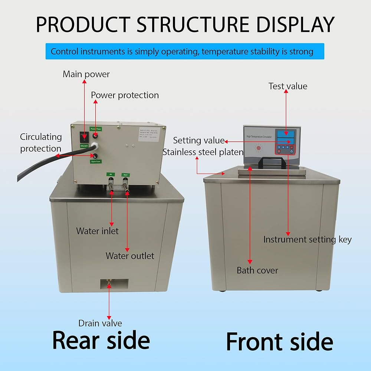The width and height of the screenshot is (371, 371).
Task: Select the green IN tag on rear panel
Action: pyautogui.click(x=110, y=174)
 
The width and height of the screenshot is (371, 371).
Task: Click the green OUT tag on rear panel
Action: pyautogui.click(x=126, y=174)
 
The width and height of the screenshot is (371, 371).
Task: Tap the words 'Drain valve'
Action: pyautogui.click(x=100, y=323)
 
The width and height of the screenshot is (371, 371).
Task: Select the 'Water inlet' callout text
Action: pyautogui.click(x=97, y=231)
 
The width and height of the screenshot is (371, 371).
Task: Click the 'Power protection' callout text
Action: pyautogui.click(x=125, y=95)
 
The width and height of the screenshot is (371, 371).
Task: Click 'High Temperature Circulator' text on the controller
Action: pyautogui.click(x=259, y=137)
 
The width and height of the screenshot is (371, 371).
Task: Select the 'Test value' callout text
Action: pyautogui.click(x=288, y=86)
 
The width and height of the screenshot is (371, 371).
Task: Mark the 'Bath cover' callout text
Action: pyautogui.click(x=257, y=270)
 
